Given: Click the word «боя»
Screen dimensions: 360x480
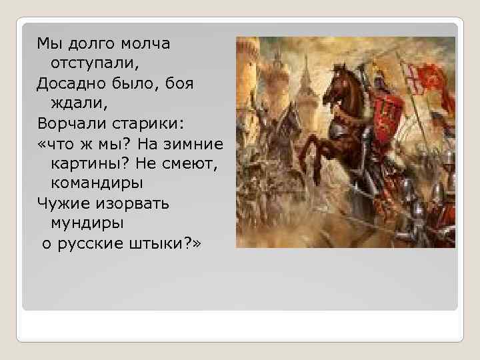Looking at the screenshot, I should click(178, 84).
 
